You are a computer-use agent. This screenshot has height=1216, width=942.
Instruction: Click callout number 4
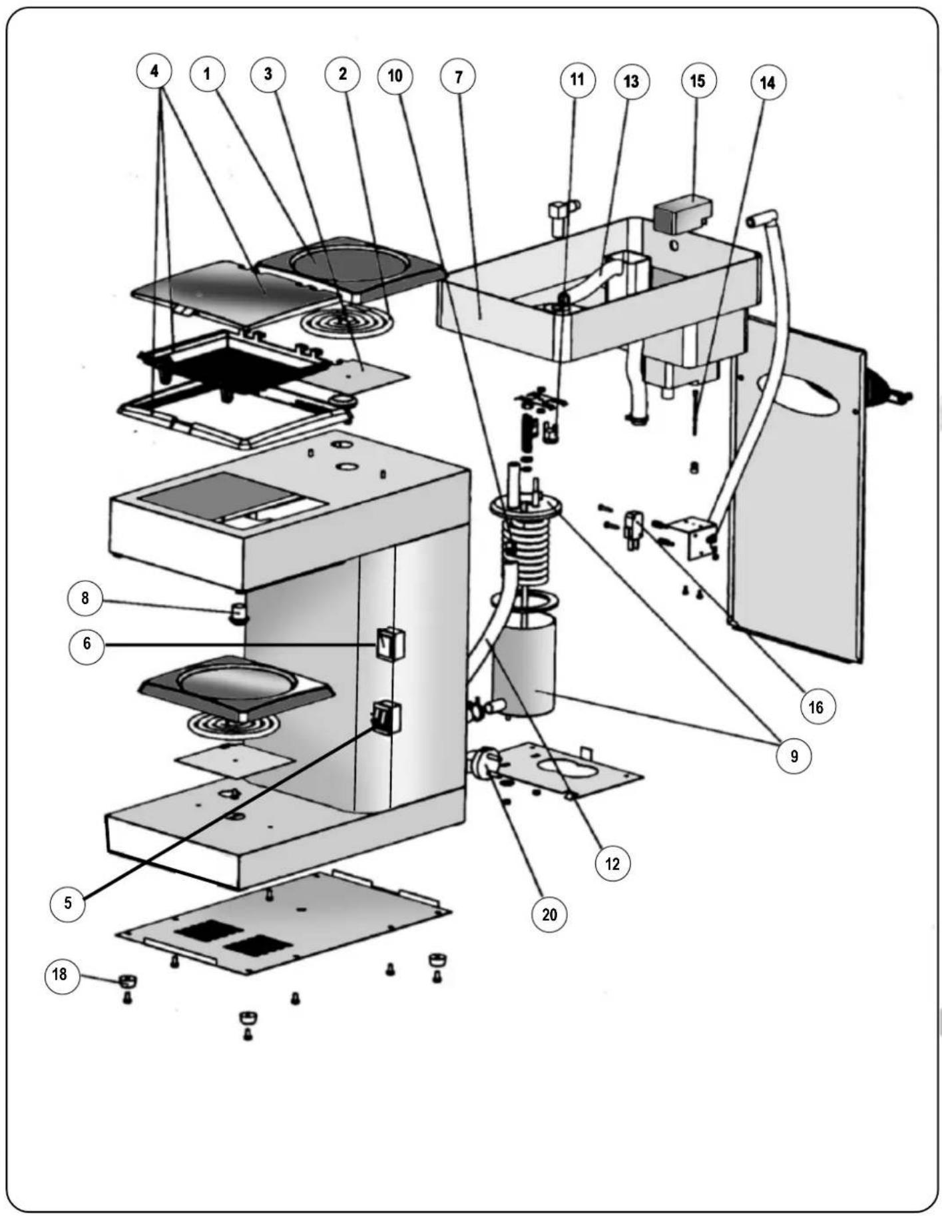pos(154,71)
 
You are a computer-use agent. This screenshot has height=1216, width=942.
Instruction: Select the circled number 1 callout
pos(207,73)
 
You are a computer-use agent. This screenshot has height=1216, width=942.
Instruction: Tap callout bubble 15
pos(698,81)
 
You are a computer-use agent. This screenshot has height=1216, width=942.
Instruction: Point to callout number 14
pos(768,83)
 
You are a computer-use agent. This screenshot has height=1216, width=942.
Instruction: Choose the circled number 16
pos(817,707)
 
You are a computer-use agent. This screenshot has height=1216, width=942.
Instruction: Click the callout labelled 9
pos(794,757)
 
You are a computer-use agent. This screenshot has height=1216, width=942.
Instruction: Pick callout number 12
pos(612,864)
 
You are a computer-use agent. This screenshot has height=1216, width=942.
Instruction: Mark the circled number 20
pos(549,914)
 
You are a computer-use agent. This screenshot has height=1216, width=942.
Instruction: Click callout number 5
pos(67,903)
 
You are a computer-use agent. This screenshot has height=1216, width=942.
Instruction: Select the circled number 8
pos(85,598)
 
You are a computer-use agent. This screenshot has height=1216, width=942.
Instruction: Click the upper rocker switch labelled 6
pos(389,643)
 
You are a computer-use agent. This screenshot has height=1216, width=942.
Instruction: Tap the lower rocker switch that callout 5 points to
pos(386,717)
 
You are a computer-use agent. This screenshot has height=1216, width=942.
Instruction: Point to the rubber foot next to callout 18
pos(128,980)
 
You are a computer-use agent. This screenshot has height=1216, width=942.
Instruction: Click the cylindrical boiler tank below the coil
pos(524,665)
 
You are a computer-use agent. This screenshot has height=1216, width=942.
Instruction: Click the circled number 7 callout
pos(458,77)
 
